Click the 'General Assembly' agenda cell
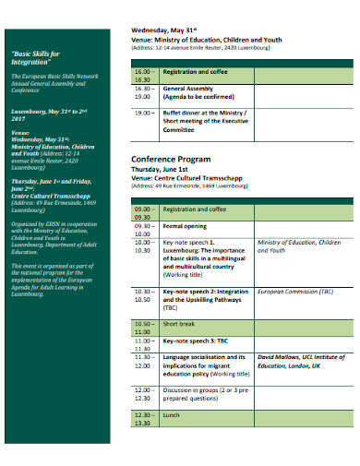point(194,92)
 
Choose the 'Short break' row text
point(180,325)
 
